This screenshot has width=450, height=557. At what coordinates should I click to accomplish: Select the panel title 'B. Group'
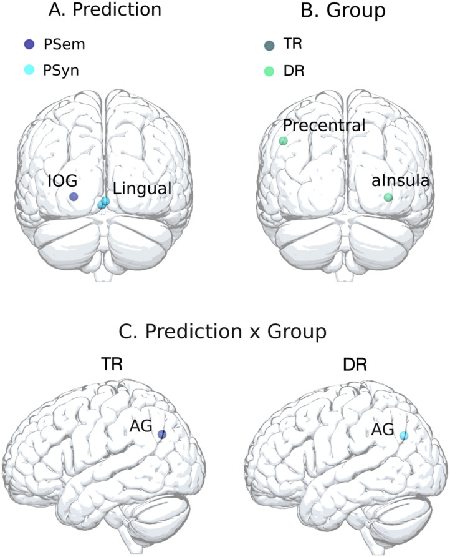click(x=327, y=11)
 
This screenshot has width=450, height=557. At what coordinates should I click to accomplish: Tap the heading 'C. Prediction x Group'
click(x=224, y=332)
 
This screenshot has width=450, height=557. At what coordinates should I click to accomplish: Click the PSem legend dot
click(x=28, y=44)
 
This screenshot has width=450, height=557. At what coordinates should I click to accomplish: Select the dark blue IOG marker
click(x=74, y=197)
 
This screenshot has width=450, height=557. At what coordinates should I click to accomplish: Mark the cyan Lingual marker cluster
click(x=103, y=203)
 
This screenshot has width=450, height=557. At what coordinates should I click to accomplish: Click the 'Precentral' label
click(x=323, y=126)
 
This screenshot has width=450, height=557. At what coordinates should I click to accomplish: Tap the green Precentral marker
click(x=283, y=140)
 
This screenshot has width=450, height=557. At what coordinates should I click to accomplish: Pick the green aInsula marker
click(x=388, y=197)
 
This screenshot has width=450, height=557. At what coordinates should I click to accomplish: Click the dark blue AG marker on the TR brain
click(x=161, y=435)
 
